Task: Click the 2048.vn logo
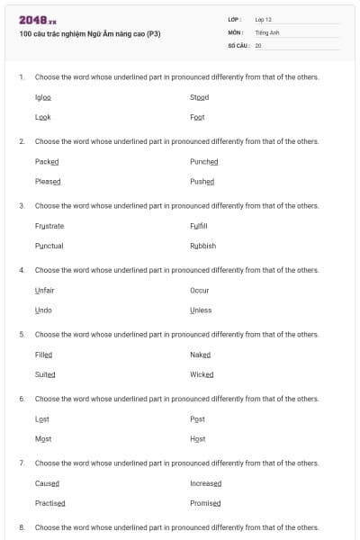click(38, 20)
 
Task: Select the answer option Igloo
click(42, 97)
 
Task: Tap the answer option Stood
click(199, 97)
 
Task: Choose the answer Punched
click(203, 161)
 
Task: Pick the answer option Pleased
click(48, 181)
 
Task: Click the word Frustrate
click(49, 226)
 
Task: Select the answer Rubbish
click(202, 246)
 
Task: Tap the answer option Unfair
click(44, 290)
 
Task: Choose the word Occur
click(199, 290)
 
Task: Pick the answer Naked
click(200, 355)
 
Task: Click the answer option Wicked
click(202, 374)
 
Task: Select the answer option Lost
click(41, 418)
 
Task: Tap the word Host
click(197, 438)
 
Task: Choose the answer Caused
click(47, 483)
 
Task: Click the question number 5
click(21, 334)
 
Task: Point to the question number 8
click(21, 526)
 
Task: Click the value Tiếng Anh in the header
click(267, 31)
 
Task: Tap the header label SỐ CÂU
click(238, 44)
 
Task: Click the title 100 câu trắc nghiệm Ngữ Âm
click(89, 34)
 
